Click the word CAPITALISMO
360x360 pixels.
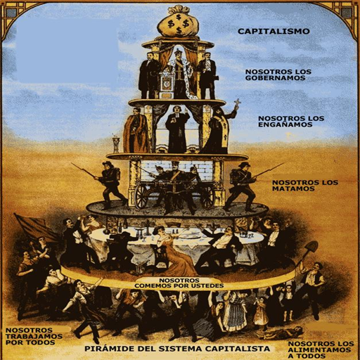point(274,31)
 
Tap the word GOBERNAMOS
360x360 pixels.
point(276,78)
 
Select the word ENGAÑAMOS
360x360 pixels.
point(285,124)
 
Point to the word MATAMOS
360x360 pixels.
point(293,188)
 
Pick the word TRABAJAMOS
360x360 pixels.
point(34,336)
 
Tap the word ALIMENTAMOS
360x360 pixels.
point(319,350)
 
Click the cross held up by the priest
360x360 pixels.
point(238,103)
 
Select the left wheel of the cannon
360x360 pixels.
point(141,195)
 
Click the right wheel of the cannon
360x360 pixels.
point(208,196)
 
